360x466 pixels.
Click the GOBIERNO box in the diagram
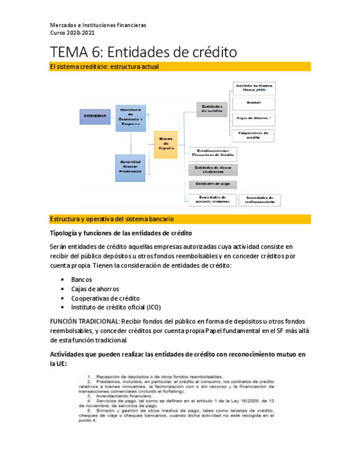click(x=95, y=116)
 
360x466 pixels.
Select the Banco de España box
click(x=165, y=144)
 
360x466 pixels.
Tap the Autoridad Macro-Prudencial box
click(x=130, y=166)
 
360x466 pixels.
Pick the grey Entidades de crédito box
click(x=212, y=108)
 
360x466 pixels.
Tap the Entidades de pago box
click(x=212, y=184)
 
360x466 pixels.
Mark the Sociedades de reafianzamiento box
click(x=260, y=200)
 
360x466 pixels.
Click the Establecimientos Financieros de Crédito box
click(x=212, y=153)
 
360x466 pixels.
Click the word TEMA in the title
click(x=69, y=52)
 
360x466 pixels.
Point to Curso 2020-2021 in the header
click(x=72, y=33)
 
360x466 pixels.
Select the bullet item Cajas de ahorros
click(x=95, y=289)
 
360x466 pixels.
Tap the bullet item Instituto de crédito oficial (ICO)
click(x=116, y=307)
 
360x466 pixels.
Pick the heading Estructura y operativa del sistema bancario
click(x=112, y=219)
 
